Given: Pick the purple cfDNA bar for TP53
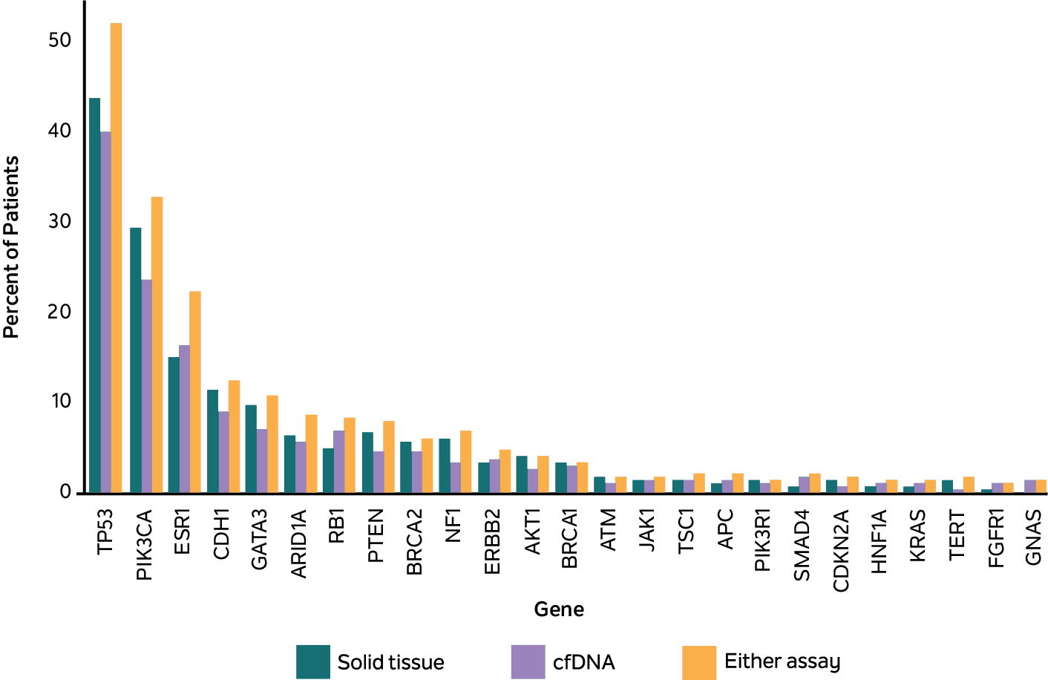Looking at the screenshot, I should tap(105, 312).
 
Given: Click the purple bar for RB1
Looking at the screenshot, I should tap(338, 461).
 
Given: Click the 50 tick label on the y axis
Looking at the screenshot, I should tap(59, 40).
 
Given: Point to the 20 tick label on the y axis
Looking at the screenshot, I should tap(59, 311).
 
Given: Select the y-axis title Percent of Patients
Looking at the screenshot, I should tap(11, 247).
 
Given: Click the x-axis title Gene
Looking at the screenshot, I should tap(559, 609).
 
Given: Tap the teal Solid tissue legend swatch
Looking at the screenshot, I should tap(312, 661).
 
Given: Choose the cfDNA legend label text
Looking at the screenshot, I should tap(583, 661).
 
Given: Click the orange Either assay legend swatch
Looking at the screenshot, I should tap(698, 661).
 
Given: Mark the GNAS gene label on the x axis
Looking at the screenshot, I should tap(1033, 537).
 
